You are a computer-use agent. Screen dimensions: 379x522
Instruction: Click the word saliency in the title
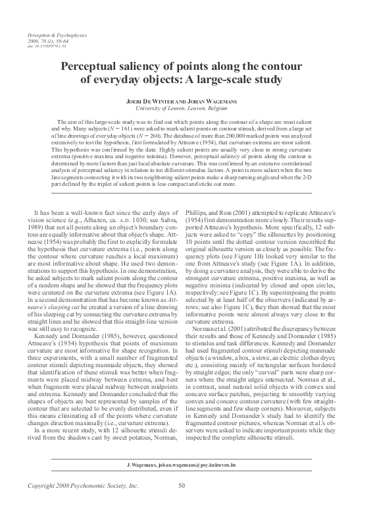click(147, 67)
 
